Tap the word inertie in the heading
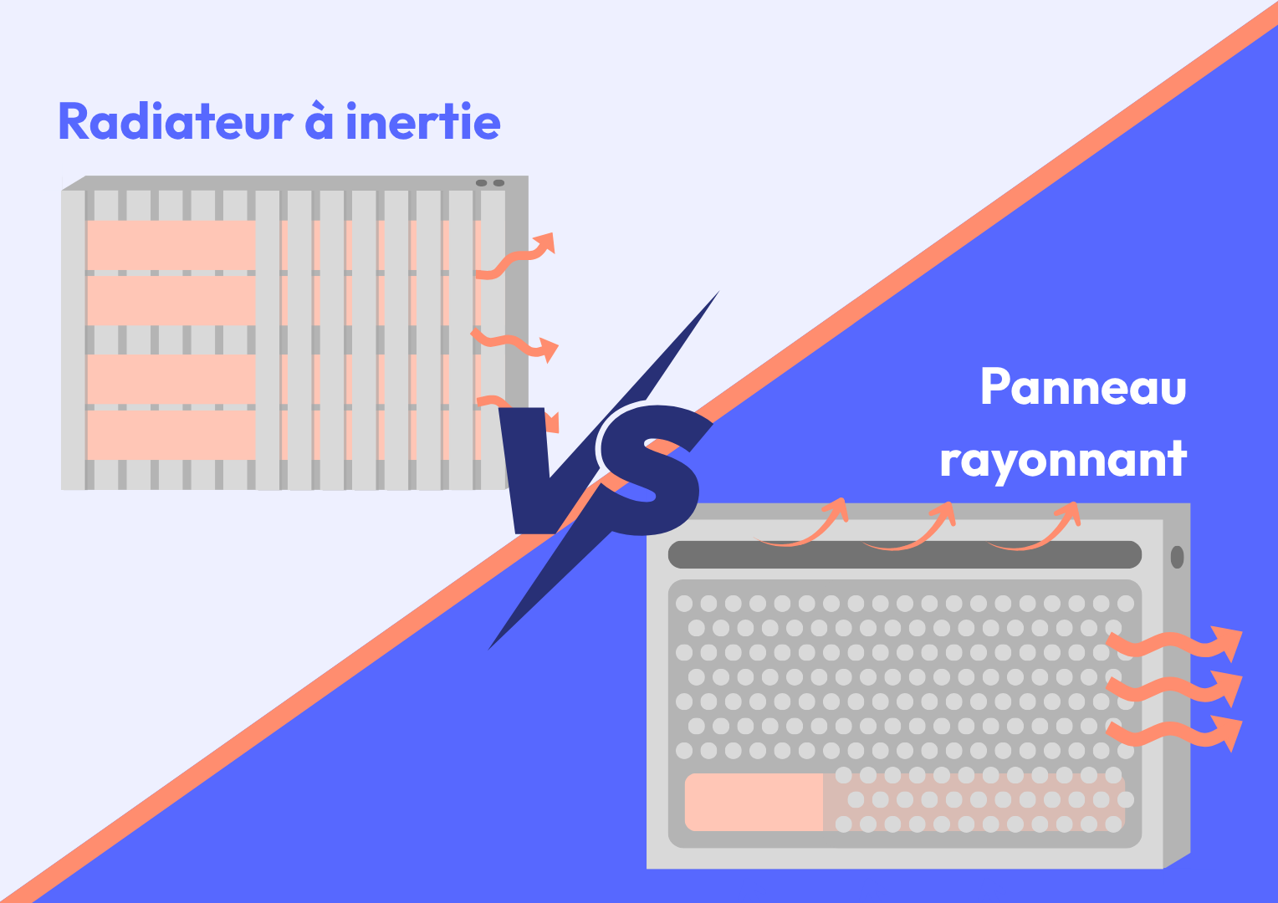422,122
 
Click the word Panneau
1083,387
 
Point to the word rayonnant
1063,460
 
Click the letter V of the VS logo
544,468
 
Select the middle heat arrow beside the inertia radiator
514,344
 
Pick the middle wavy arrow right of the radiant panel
1174,687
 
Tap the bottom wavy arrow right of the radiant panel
1174,732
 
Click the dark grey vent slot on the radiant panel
904,555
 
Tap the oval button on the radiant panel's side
1177,557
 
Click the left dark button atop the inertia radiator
481,183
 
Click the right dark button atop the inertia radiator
498,183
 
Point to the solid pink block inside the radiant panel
754,802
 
